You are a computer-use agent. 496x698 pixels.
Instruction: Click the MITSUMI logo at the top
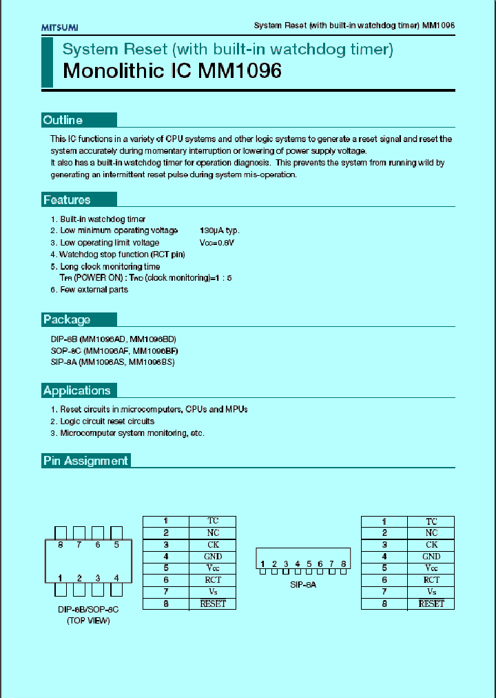(x=60, y=27)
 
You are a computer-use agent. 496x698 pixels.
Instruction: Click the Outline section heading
(x=63, y=120)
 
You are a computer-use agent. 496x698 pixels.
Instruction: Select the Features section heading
(x=67, y=200)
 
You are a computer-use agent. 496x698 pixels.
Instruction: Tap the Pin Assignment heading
(x=85, y=461)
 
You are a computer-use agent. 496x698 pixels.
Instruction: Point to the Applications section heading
(x=76, y=390)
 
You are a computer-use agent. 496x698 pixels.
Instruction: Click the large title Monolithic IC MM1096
(x=172, y=71)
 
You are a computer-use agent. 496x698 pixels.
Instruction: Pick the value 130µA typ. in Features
(x=219, y=230)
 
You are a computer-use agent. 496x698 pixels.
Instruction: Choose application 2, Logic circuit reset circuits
(x=107, y=421)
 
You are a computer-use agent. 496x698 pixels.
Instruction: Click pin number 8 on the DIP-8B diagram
(x=61, y=545)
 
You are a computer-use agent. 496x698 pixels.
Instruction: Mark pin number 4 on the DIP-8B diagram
(x=116, y=578)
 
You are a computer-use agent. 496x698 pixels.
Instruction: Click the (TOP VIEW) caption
(x=87, y=621)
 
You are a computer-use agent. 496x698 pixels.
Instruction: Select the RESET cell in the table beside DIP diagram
(x=213, y=604)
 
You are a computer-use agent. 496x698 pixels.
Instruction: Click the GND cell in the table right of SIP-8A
(x=431, y=557)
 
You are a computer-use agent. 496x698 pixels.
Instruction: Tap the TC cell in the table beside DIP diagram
(x=213, y=521)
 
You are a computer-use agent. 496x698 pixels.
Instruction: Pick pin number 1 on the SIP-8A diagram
(x=263, y=564)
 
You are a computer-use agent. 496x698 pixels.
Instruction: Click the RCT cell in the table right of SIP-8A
(x=431, y=580)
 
